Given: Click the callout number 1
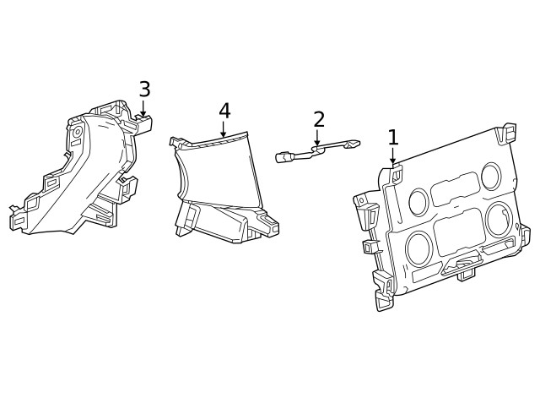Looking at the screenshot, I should [392, 137].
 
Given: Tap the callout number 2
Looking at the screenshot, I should [318, 119].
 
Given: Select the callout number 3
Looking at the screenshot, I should [144, 89].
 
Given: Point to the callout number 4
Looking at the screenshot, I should [224, 111].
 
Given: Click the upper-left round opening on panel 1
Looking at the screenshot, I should [418, 201].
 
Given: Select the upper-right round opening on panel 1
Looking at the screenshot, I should [490, 175].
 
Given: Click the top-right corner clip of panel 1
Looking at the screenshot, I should [508, 134].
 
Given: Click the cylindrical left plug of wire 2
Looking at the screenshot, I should [283, 155].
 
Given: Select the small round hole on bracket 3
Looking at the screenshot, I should [77, 133].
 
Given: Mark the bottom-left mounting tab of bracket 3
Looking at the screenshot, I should [17, 218].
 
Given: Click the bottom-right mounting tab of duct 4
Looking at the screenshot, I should [270, 226].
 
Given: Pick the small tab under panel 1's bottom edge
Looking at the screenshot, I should [465, 274].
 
